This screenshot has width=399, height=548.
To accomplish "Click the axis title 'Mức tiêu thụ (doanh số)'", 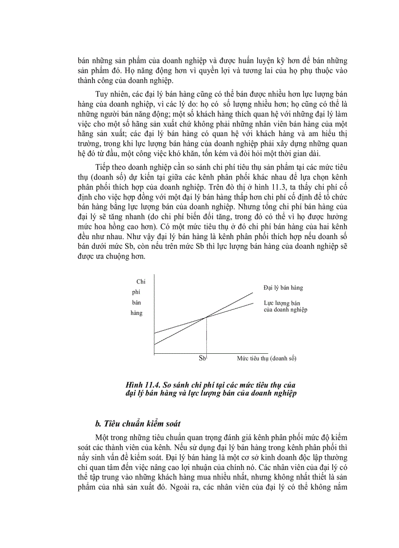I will (267, 358).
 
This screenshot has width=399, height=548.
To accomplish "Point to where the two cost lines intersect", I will (206, 318).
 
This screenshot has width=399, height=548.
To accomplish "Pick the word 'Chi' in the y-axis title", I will (141, 282).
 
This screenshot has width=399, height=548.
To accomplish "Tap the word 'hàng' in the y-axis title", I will (136, 313).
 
